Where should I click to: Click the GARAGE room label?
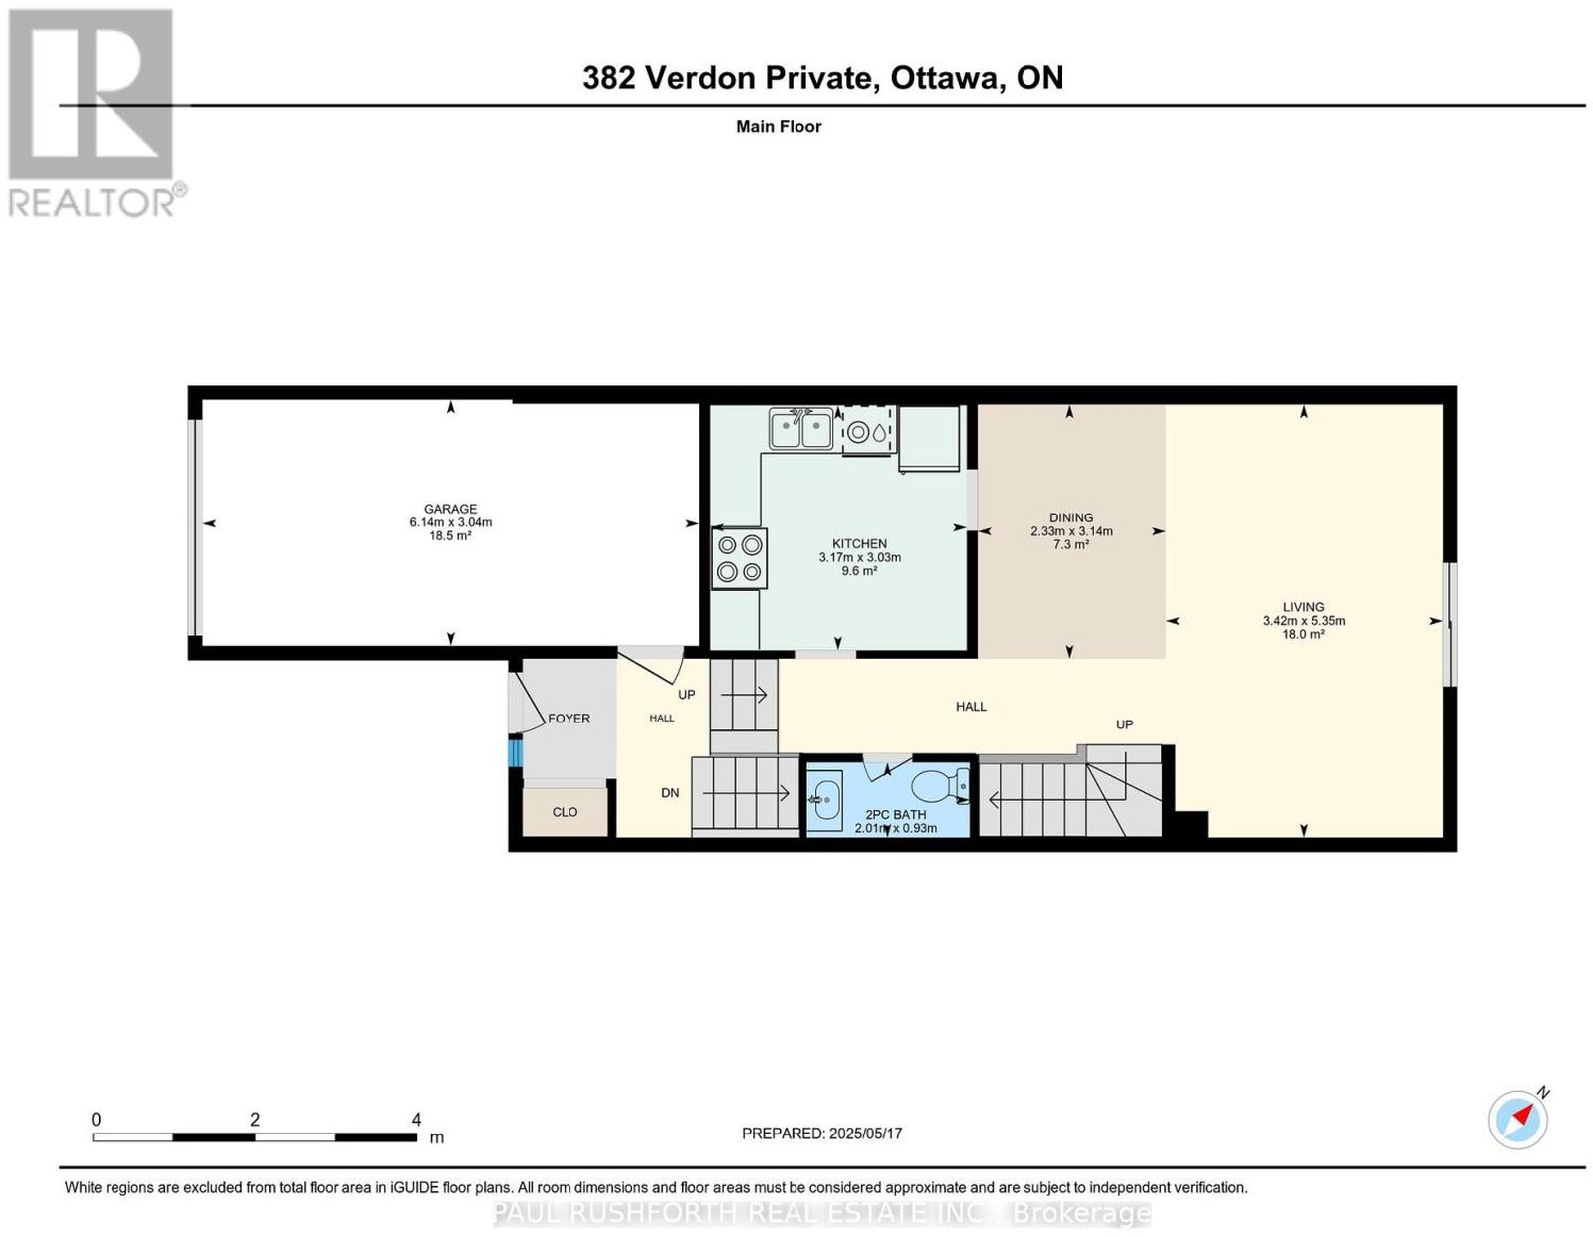[450, 509]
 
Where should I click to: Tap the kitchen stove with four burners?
[739, 558]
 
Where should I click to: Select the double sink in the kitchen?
[799, 429]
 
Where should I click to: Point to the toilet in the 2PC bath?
[940, 786]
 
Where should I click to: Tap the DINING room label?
[1071, 517]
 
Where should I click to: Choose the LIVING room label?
[1303, 607]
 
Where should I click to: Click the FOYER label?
[569, 719]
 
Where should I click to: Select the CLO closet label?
[565, 812]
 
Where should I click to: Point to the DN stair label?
[670, 792]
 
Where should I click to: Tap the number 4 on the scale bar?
[416, 1120]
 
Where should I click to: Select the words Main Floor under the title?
[779, 126]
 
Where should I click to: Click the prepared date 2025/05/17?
[865, 1133]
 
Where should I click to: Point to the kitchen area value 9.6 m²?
[859, 570]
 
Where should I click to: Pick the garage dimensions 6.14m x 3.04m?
[450, 522]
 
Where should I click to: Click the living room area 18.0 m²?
[1303, 634]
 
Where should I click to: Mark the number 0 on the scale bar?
[96, 1120]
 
